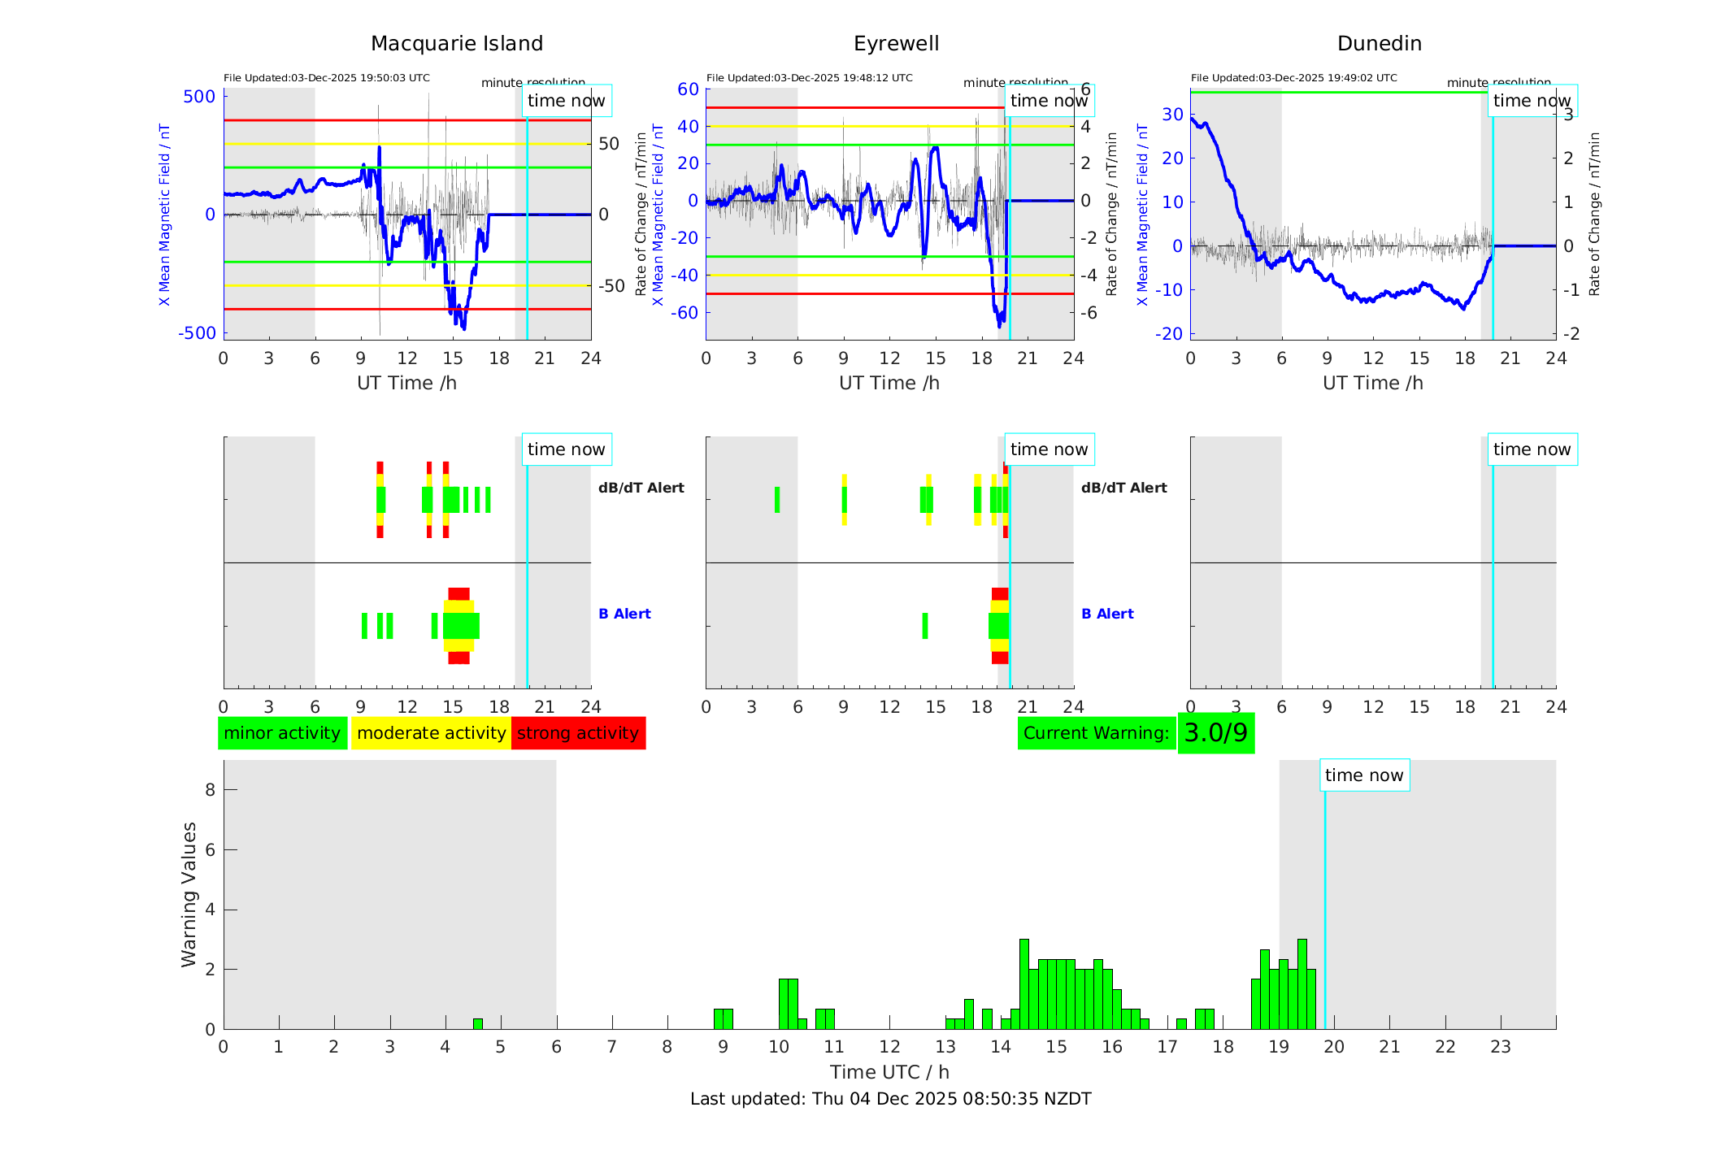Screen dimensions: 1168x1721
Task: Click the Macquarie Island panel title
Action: click(x=456, y=44)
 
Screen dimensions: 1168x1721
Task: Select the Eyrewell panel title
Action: click(x=896, y=44)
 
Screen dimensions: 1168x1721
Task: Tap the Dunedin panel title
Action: click(x=1379, y=44)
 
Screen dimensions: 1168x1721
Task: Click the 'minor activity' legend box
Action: click(x=282, y=733)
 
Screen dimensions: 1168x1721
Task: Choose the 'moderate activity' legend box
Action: click(x=431, y=733)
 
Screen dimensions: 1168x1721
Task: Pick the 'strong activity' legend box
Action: click(x=578, y=733)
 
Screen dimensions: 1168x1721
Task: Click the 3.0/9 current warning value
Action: click(x=1215, y=733)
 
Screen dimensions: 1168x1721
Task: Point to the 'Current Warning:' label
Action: click(x=1096, y=733)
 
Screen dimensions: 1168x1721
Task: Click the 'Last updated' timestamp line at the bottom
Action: click(x=890, y=1099)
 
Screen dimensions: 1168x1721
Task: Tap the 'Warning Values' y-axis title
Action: click(x=189, y=894)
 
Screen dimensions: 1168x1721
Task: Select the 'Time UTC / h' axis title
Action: click(x=889, y=1072)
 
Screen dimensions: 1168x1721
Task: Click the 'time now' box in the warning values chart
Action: click(x=1364, y=775)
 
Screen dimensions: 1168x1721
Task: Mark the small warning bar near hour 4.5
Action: click(x=478, y=1024)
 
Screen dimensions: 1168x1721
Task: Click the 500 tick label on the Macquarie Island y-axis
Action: click(x=199, y=97)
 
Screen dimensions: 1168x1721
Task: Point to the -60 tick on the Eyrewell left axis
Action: click(x=688, y=313)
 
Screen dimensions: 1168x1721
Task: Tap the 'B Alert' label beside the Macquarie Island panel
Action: click(x=624, y=614)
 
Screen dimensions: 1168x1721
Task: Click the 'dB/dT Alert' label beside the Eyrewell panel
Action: click(x=1123, y=488)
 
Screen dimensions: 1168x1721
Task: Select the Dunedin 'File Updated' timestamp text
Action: click(x=1293, y=78)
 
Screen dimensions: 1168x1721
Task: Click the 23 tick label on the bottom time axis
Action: click(x=1500, y=1047)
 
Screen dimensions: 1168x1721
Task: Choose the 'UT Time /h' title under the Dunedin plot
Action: click(x=1372, y=383)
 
